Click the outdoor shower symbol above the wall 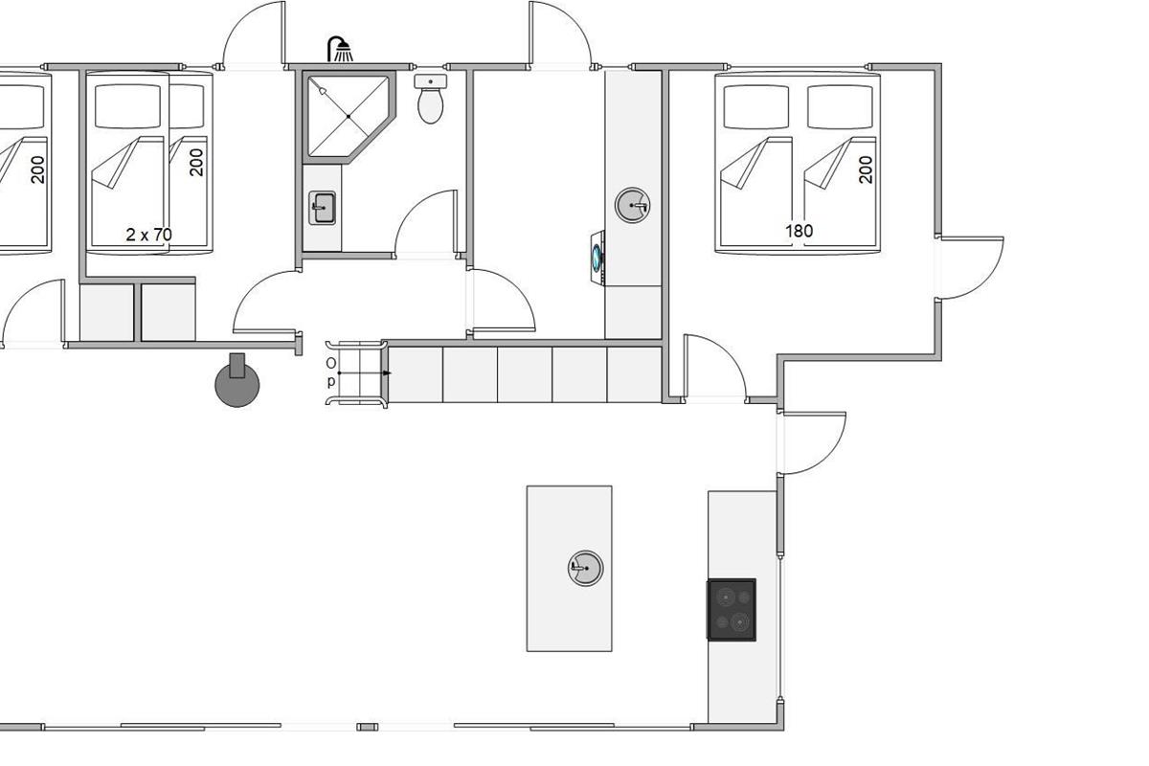click(x=340, y=49)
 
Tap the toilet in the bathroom click(x=431, y=100)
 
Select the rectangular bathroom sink click(x=322, y=208)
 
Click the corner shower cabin click(x=349, y=116)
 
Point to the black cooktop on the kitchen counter click(x=732, y=610)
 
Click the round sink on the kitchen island click(x=586, y=568)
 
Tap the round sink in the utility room click(x=633, y=205)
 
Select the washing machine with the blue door click(x=597, y=257)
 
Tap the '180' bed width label click(x=800, y=231)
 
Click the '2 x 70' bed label click(x=148, y=235)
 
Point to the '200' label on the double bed click(x=866, y=169)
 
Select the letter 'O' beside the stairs click(x=331, y=363)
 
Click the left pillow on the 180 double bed click(x=756, y=106)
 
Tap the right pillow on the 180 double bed click(x=841, y=106)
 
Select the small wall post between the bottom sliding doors click(x=368, y=727)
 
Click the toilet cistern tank click(x=431, y=81)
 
